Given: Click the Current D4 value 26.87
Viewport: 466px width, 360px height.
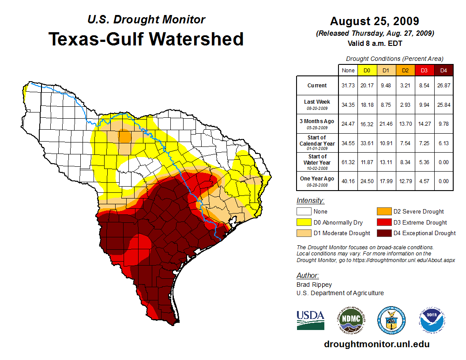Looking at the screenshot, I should tap(444, 86).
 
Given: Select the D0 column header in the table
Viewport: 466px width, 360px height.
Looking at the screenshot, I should tap(367, 70).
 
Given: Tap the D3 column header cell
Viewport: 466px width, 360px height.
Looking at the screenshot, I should tap(424, 70).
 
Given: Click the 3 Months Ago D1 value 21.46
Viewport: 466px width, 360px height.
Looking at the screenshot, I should tap(386, 124).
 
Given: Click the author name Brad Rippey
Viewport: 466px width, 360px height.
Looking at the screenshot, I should tap(314, 285).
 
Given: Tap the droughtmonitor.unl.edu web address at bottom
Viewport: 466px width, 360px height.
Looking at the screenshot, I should tap(376, 344).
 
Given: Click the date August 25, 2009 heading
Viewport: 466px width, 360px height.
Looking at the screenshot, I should tap(374, 21).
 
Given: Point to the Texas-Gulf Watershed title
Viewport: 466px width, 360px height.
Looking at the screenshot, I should tap(146, 39).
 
